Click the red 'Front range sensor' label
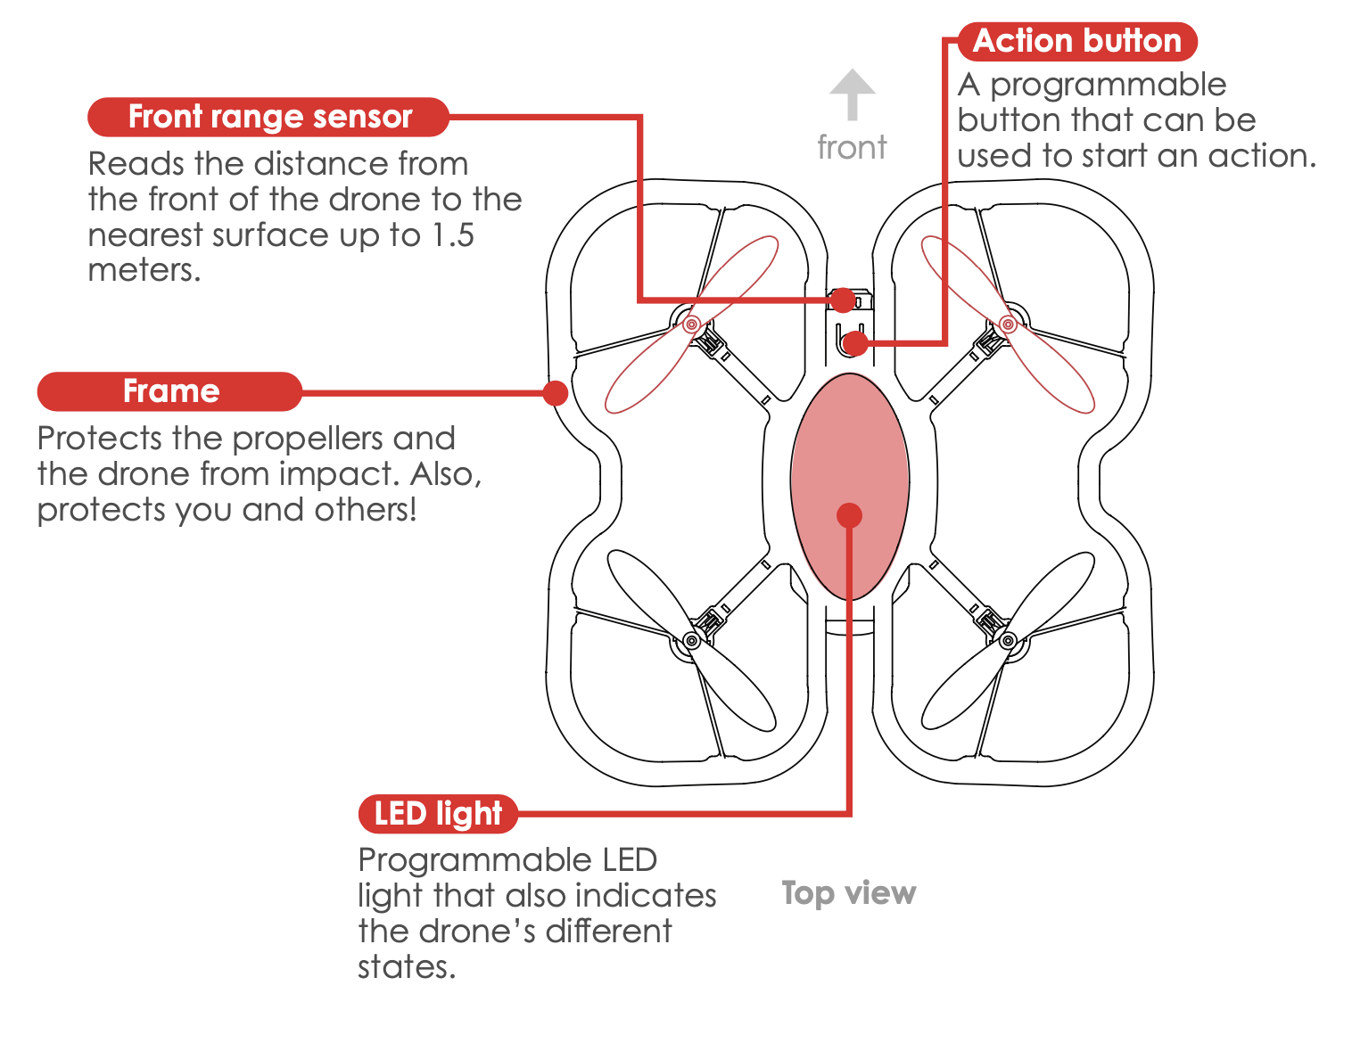click(x=268, y=117)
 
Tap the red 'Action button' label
click(x=1076, y=41)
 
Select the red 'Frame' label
click(x=170, y=391)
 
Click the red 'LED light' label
click(x=437, y=814)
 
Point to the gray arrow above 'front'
click(x=853, y=94)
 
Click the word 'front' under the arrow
click(x=852, y=147)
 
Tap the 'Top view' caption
click(x=848, y=892)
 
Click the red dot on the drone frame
click(x=556, y=392)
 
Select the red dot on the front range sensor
click(x=842, y=300)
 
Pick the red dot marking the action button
click(x=854, y=342)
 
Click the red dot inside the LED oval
click(x=849, y=515)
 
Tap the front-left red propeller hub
click(x=691, y=324)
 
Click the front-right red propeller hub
click(x=1008, y=324)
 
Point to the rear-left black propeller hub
click(x=691, y=640)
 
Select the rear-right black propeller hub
click(x=1008, y=640)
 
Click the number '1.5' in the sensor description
click(x=452, y=235)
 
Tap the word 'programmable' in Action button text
click(x=1108, y=85)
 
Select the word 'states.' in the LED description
click(x=407, y=966)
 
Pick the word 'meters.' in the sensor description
click(x=144, y=270)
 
